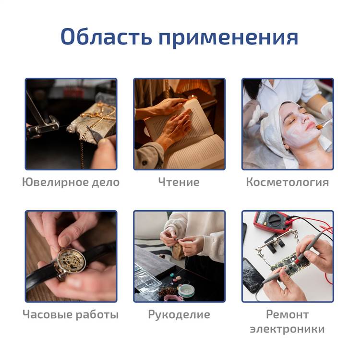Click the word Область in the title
click(106, 37)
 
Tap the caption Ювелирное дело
click(71, 182)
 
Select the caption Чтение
click(179, 182)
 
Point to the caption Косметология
click(288, 182)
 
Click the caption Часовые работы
click(71, 314)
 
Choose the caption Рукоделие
click(179, 314)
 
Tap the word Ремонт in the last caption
click(287, 314)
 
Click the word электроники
click(287, 329)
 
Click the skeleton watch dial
click(71, 261)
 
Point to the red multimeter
click(271, 222)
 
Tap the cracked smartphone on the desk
click(252, 275)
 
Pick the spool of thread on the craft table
click(186, 290)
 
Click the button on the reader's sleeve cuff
click(144, 163)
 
